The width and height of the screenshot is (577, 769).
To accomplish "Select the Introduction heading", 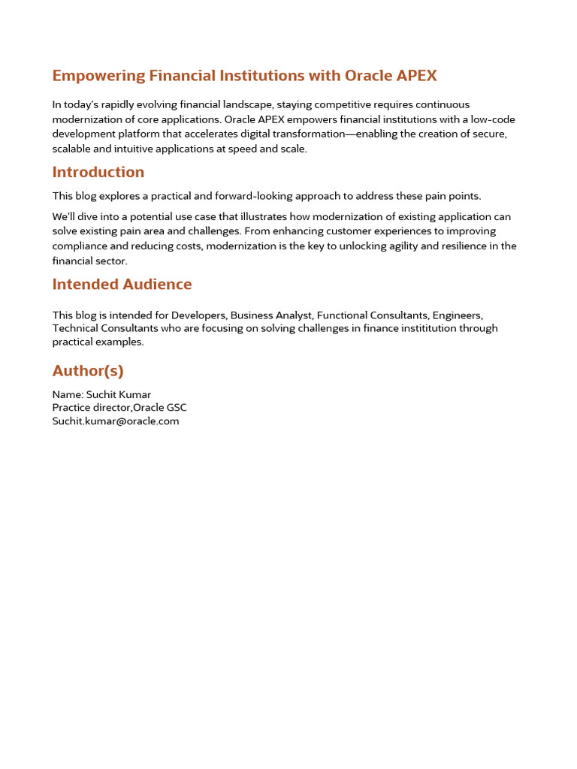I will [98, 172].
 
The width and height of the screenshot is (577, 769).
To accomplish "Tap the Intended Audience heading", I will [122, 284].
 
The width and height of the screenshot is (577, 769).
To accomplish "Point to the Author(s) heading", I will [88, 370].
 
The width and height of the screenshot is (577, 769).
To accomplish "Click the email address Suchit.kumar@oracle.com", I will [116, 421].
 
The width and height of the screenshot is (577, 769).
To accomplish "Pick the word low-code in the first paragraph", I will [493, 119].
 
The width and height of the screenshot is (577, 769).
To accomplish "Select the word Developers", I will [199, 315].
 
